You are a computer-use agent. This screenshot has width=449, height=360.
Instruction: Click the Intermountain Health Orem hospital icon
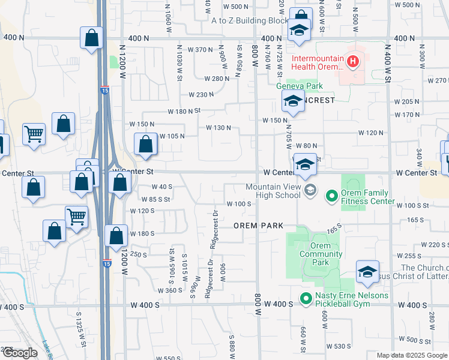pos(353,61)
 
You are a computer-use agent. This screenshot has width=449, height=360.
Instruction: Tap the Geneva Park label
pos(295,86)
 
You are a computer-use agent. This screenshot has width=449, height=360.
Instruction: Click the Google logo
pos(19,353)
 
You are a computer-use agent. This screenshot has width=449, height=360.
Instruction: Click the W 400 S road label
pos(277,304)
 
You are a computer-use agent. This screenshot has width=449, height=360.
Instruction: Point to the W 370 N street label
pos(200,50)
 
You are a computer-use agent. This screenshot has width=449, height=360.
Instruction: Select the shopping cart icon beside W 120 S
pos(76,217)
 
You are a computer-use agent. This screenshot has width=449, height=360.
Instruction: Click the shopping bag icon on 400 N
pos(91,39)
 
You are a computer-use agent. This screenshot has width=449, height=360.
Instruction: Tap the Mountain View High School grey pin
pos(310,191)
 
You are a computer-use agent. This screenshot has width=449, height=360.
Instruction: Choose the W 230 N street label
pos(201,95)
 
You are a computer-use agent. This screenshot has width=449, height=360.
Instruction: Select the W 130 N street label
pos(218,128)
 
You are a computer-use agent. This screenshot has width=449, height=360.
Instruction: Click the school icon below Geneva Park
pos(292,103)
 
